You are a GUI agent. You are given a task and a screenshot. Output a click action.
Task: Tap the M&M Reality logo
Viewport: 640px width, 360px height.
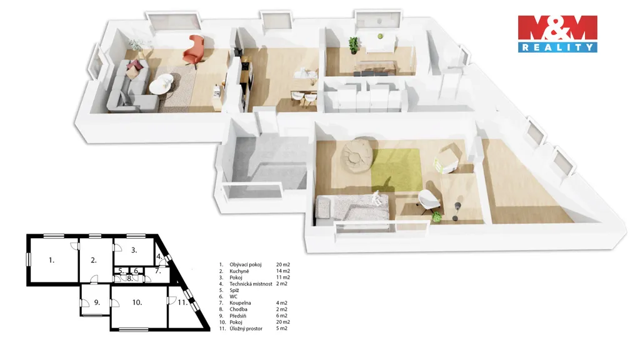coord(557,34)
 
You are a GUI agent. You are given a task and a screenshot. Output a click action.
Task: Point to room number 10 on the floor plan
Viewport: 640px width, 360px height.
coord(137,302)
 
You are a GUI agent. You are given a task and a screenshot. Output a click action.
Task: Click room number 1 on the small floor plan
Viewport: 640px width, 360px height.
coord(51,260)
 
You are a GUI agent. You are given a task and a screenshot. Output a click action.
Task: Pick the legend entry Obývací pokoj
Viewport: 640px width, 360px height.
coord(245,264)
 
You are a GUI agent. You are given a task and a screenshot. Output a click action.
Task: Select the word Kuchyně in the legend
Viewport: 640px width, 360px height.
coord(239,271)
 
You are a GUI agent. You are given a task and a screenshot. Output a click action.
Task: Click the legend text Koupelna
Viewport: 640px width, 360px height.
coord(240,303)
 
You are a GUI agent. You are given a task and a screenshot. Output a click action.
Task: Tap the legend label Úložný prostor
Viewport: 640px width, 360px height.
coord(246,328)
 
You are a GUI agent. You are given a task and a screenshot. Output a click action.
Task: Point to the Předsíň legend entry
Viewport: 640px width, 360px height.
coord(237,316)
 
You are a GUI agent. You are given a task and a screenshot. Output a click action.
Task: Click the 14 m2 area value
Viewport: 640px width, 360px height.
coord(283,271)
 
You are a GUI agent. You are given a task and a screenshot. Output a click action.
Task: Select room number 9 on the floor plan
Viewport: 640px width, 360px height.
coord(97,302)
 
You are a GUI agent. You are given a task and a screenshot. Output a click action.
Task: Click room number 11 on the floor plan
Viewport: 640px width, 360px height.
coord(182,302)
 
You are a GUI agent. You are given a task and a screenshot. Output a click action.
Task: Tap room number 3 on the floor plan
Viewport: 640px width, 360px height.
coord(134,250)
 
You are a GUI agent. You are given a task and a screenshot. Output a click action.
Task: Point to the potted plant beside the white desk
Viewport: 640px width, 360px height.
coord(354,45)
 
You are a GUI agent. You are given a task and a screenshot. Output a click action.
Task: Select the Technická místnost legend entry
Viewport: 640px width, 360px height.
coord(251,284)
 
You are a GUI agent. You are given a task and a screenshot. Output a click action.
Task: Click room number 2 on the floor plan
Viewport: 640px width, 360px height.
coord(94,260)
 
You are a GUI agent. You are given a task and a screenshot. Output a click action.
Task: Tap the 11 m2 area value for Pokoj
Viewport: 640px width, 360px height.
coord(283,277)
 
